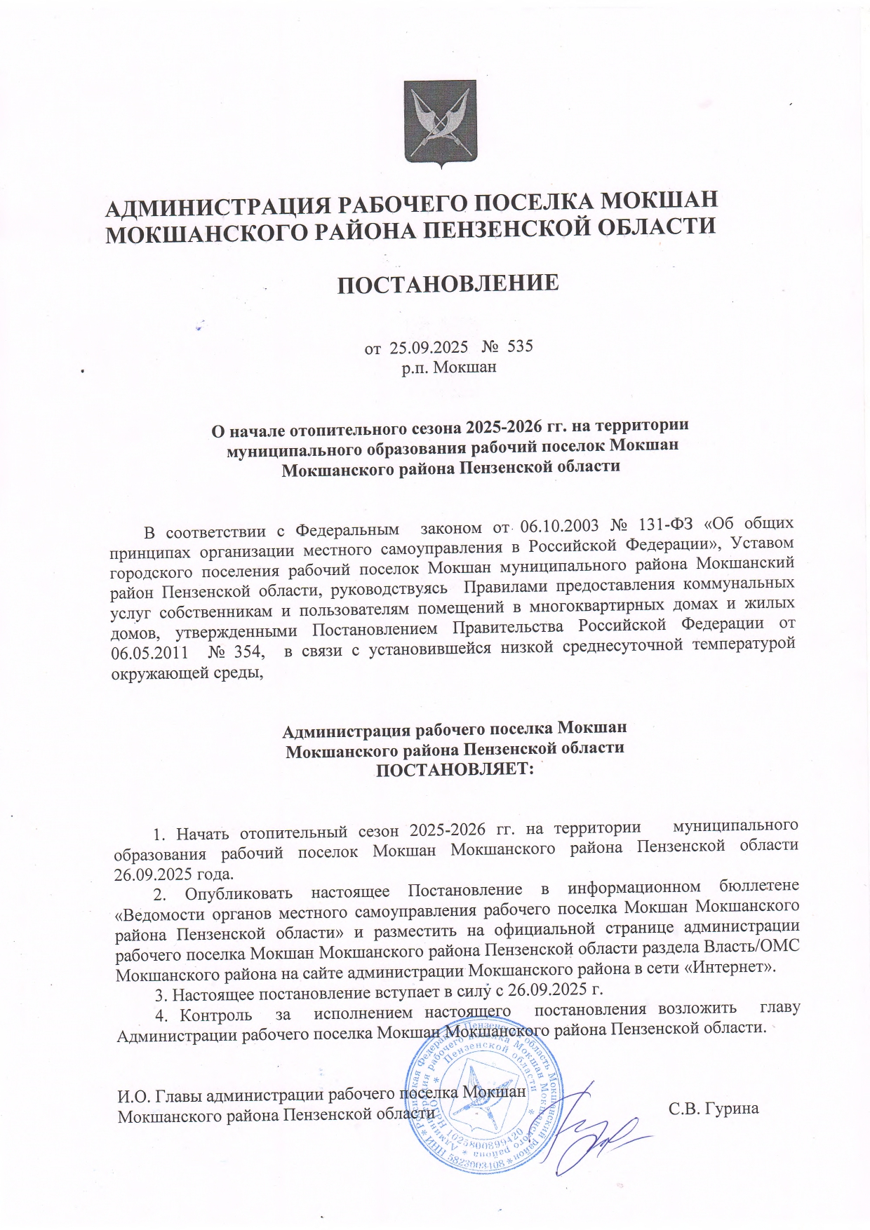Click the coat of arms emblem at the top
440,123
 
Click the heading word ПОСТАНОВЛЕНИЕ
448,284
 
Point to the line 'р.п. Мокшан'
449,366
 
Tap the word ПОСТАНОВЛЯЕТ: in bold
455,769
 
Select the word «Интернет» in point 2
730,968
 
